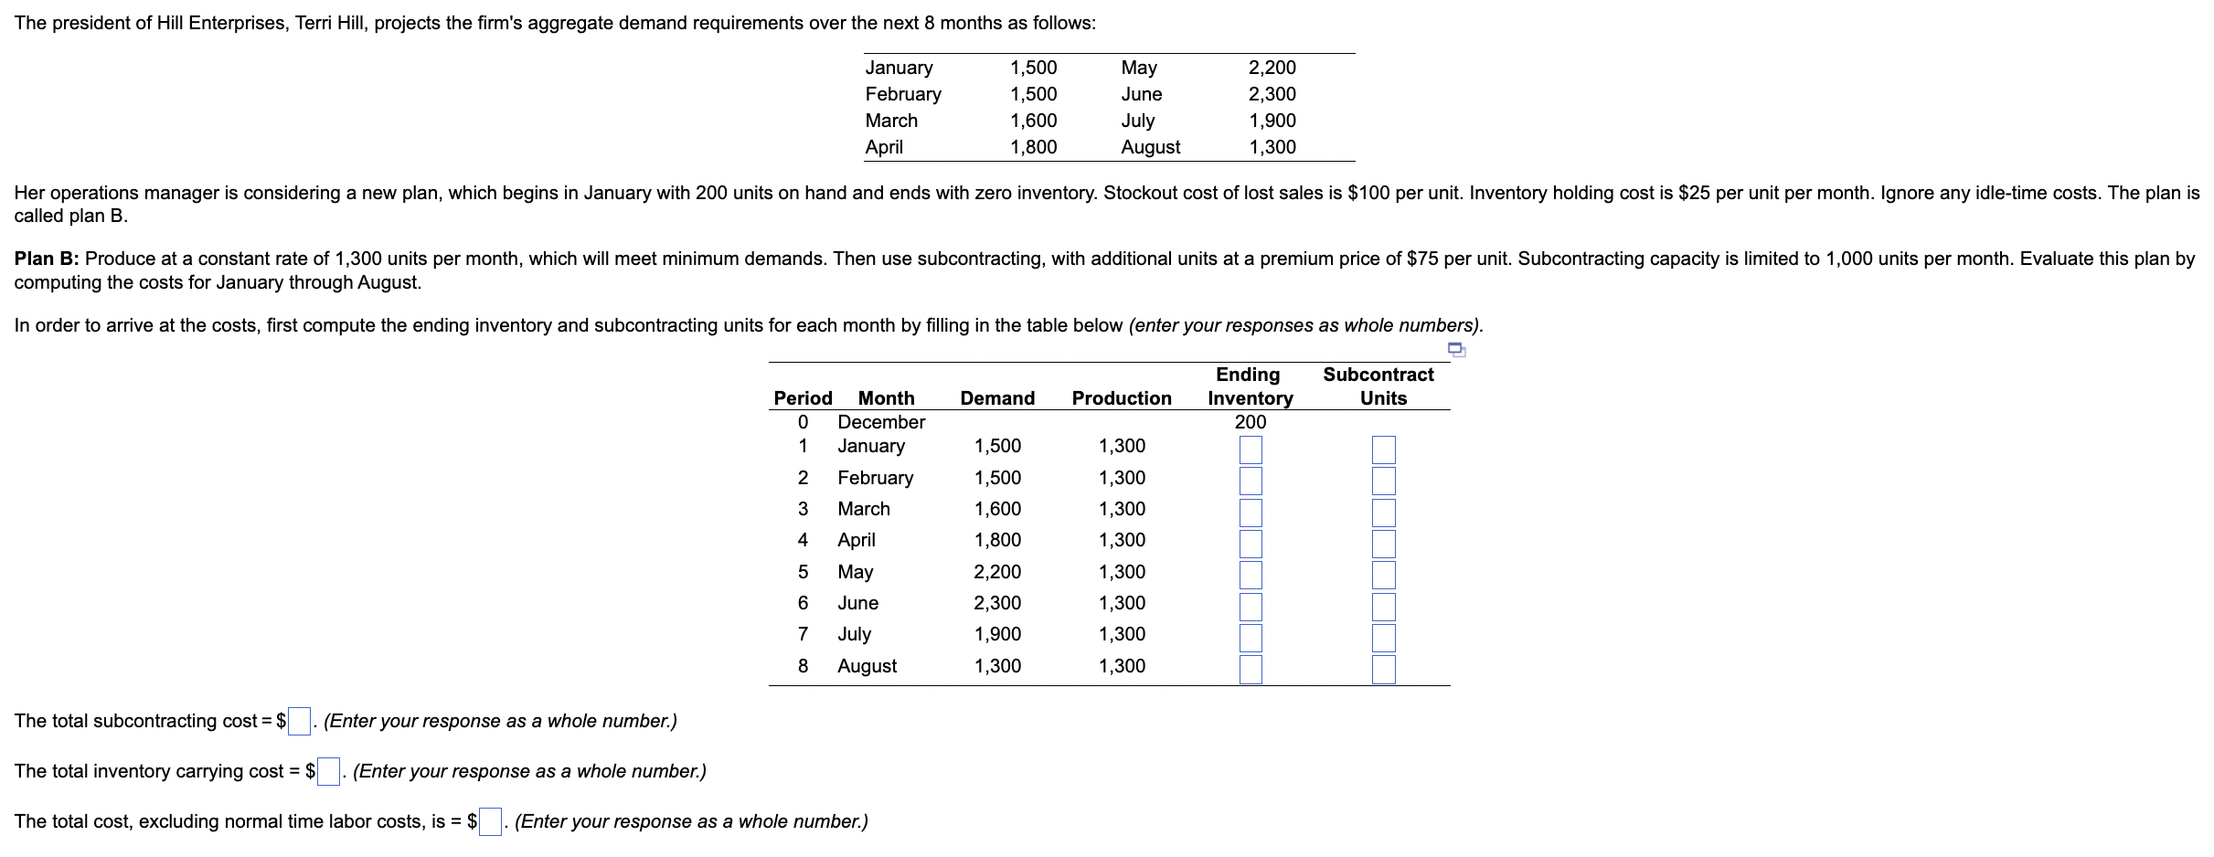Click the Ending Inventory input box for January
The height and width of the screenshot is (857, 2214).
1251,450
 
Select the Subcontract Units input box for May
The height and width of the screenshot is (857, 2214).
1383,575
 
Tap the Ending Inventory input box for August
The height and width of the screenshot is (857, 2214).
1251,669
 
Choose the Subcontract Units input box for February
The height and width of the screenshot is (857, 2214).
1383,481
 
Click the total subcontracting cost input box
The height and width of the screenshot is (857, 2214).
299,721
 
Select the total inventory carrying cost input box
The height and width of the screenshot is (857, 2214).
328,771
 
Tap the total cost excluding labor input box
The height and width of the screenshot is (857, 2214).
490,821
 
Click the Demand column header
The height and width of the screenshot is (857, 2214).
997,398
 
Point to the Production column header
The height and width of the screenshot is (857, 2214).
1122,398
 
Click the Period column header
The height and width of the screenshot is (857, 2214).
803,398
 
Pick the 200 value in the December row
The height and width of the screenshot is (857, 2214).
1251,422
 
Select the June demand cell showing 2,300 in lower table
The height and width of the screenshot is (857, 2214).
997,603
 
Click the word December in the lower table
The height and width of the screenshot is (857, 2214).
881,422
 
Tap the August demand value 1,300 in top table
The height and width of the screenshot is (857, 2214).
1272,147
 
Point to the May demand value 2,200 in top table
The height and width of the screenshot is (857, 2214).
1272,68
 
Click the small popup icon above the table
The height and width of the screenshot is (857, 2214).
1457,349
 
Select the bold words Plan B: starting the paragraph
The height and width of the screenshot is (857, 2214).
47,259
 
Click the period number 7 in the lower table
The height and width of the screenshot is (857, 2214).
803,634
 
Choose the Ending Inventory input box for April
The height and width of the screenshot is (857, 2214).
1251,544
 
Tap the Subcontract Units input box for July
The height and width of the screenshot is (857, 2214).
1383,638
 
